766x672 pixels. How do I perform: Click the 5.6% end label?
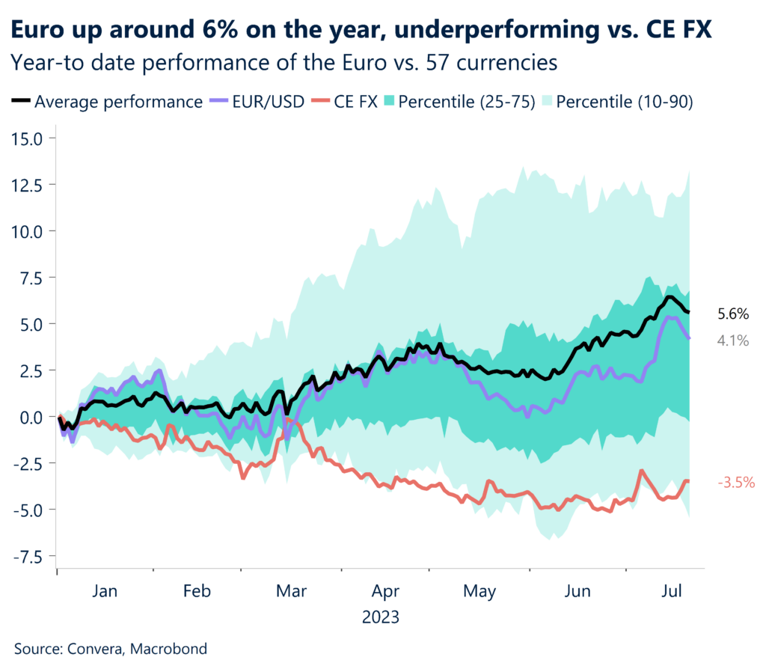click(733, 314)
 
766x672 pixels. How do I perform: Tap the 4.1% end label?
click(733, 340)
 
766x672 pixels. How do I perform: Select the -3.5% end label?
click(735, 483)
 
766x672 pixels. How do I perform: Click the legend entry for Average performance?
click(108, 102)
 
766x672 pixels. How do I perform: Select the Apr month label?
click(384, 591)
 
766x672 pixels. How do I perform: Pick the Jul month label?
click(672, 591)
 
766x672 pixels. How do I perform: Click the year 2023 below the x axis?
click(381, 618)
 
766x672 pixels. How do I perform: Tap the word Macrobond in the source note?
click(169, 649)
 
